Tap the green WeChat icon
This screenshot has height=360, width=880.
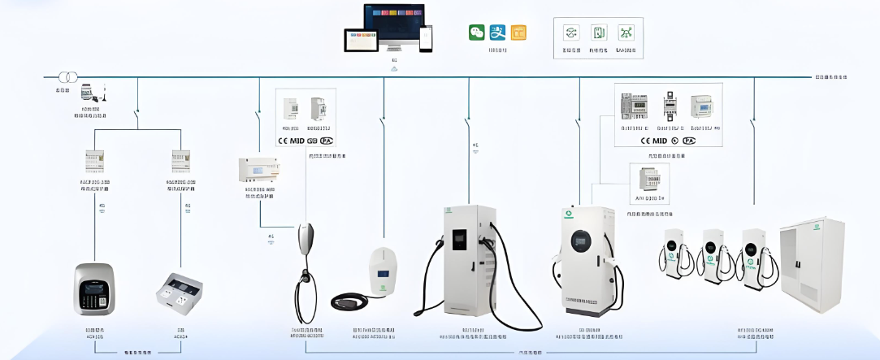476,33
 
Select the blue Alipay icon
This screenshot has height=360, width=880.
497,33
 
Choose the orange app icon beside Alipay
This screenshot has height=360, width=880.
518,33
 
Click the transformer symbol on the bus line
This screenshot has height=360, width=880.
67,77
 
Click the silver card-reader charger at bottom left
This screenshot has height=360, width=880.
94,288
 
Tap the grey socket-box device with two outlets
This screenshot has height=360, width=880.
179,290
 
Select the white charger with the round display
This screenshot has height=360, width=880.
583,258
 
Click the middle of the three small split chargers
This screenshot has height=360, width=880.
714,254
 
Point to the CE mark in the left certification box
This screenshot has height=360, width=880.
285,140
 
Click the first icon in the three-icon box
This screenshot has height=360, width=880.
571,33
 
